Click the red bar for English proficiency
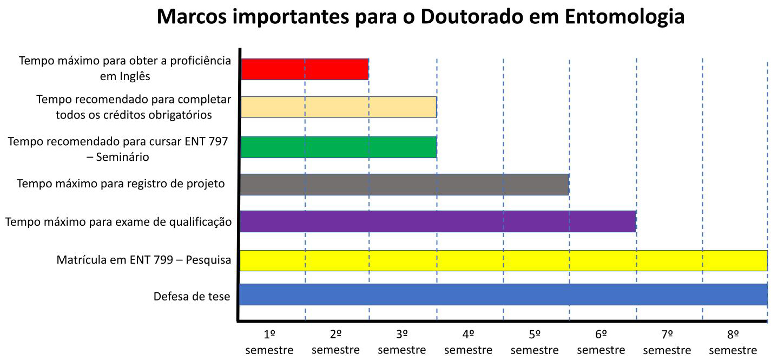304,69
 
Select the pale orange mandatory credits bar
338,107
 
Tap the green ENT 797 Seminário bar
338,147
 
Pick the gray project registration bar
404,185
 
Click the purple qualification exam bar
437,221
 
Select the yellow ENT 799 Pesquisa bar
503,260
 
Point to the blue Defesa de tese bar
503,294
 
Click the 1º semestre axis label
269,342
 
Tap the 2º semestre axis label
335,342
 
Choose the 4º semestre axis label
469,342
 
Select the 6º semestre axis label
601,342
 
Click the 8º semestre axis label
733,342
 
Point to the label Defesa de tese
192,297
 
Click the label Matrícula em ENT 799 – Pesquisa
143,260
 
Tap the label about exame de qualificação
118,222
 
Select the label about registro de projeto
121,184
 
